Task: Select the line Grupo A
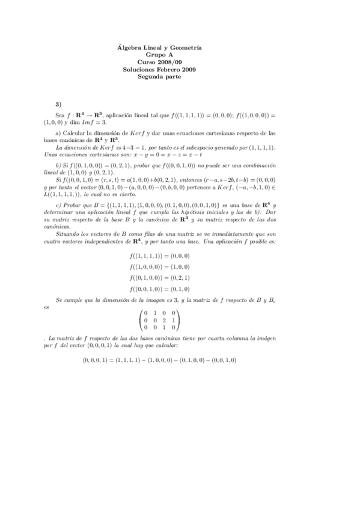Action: point(159,55)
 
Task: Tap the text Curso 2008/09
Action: point(159,62)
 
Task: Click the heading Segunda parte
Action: point(159,76)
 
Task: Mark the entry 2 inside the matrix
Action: point(163,320)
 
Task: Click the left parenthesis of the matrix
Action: point(139,320)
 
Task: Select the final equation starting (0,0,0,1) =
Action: point(159,360)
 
